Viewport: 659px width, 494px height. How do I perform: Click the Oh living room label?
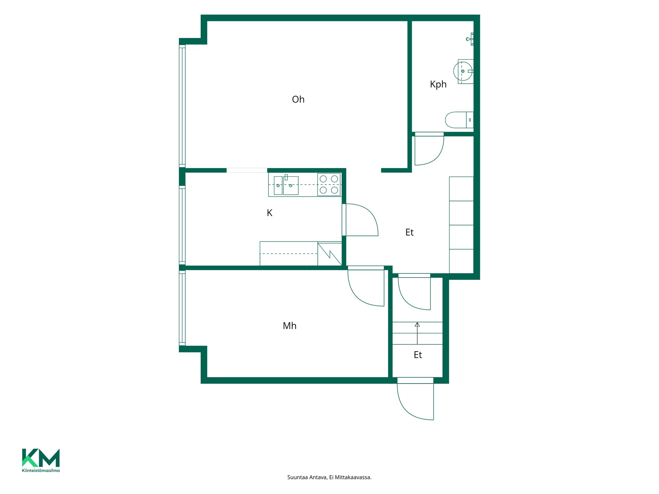(x=298, y=99)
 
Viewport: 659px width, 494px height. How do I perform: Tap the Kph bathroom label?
(x=438, y=84)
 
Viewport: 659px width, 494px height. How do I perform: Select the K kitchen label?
(x=269, y=213)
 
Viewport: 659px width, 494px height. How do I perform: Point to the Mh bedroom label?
(x=289, y=326)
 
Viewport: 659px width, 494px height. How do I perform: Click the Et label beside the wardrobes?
(x=409, y=233)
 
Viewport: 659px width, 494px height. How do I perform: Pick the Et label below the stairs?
(x=417, y=355)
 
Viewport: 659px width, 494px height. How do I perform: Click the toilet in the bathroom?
(x=459, y=120)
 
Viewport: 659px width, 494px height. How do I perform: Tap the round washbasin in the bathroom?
(x=463, y=71)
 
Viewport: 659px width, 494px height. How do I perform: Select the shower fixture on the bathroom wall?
(x=471, y=39)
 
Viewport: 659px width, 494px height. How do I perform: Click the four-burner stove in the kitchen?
(x=329, y=185)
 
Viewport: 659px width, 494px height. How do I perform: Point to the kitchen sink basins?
(x=286, y=185)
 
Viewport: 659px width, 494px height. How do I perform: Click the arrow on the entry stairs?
(x=417, y=333)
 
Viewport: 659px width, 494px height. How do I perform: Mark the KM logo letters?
(x=41, y=458)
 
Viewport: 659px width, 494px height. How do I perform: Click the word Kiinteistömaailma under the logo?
(x=41, y=470)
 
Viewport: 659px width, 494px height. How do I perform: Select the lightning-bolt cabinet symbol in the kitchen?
(x=329, y=254)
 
